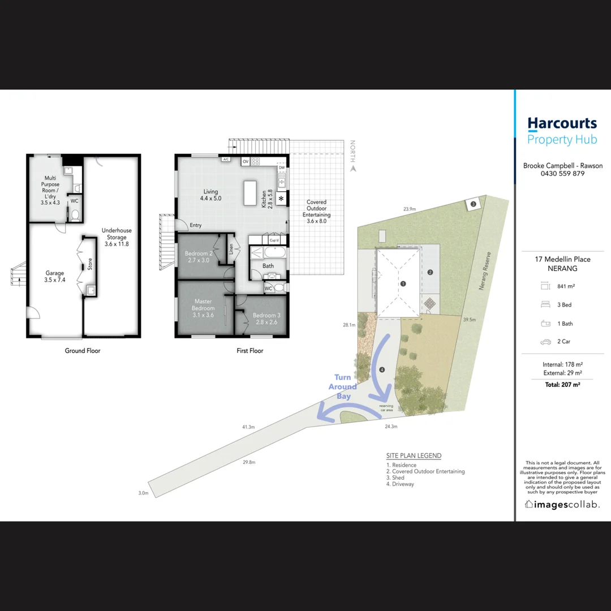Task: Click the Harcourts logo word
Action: tap(562, 124)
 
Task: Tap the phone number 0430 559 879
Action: tap(562, 174)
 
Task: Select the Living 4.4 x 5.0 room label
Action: tap(210, 195)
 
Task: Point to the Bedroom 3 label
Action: tap(266, 319)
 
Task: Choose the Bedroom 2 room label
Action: tap(198, 257)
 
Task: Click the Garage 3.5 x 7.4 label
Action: tap(55, 277)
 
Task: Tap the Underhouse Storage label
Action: tap(117, 237)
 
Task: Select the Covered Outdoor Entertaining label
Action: tap(316, 212)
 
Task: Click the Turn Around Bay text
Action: tap(343, 387)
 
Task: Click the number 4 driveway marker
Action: tap(382, 370)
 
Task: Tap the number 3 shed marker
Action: tap(473, 204)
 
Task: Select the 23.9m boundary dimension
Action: tap(410, 209)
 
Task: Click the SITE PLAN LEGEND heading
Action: tap(414, 455)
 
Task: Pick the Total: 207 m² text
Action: tap(562, 384)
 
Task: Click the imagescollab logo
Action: tap(562, 504)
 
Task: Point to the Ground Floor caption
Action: tap(83, 351)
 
